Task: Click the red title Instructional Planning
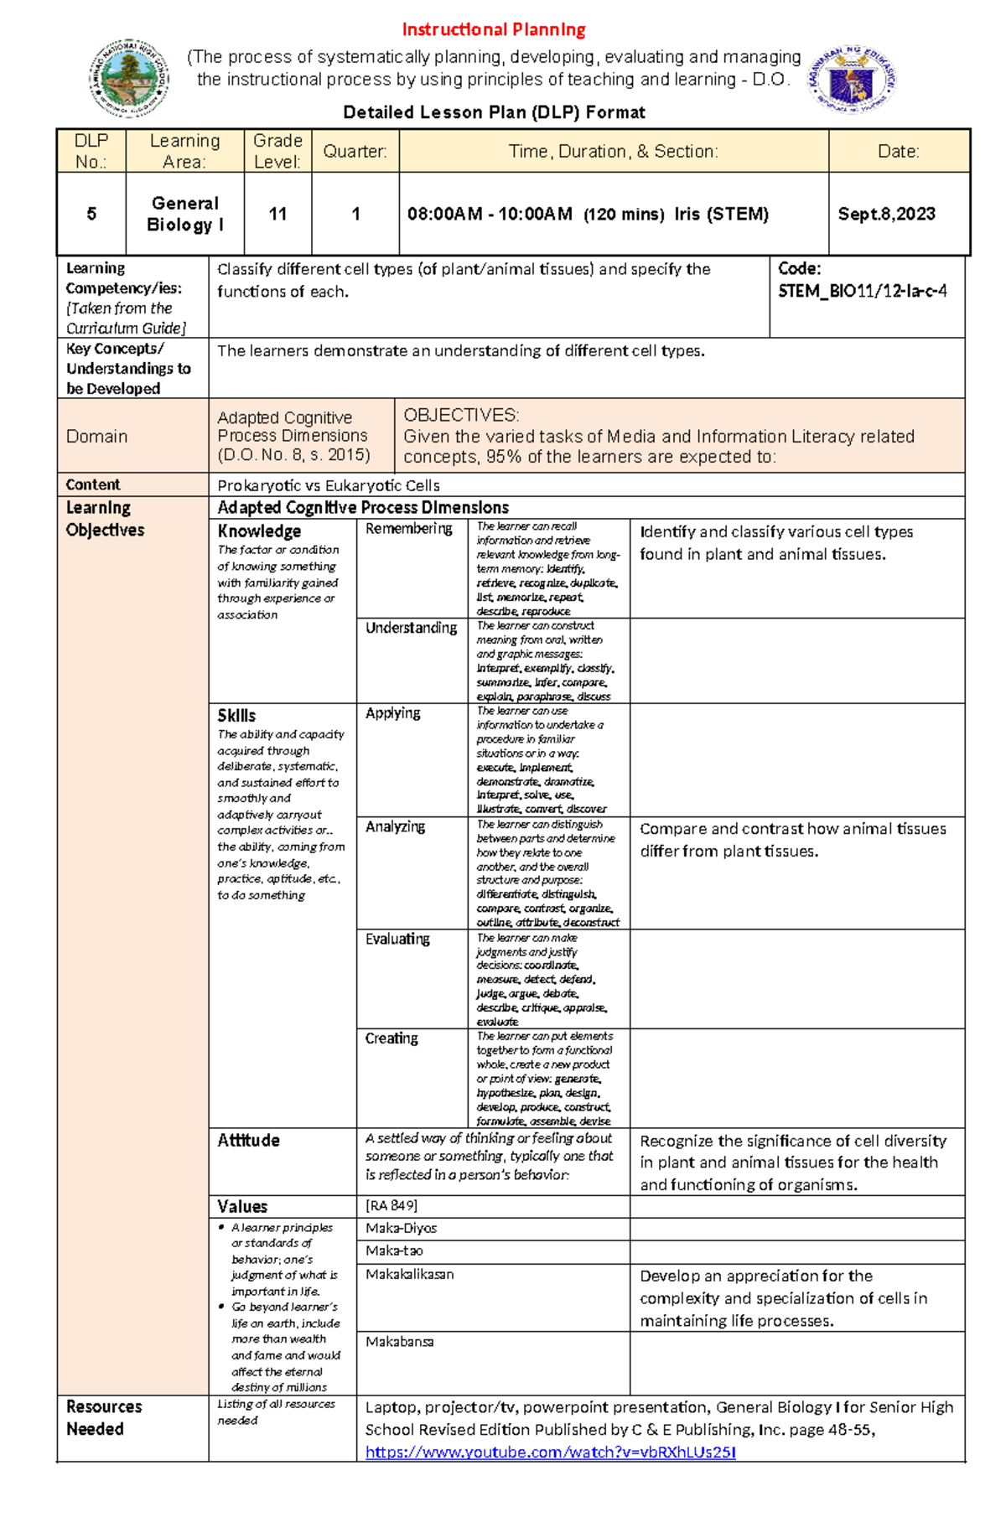[493, 30]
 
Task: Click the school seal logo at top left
[129, 78]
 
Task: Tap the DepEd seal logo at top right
[852, 80]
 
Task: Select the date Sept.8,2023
[886, 215]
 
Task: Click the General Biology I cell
[184, 215]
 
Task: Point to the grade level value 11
[277, 215]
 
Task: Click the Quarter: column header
[355, 152]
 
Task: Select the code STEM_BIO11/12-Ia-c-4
[862, 292]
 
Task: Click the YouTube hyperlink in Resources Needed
[550, 1453]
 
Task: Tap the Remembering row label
[408, 529]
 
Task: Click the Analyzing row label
[395, 827]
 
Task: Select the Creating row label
[391, 1038]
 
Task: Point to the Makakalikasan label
[409, 1275]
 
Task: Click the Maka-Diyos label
[401, 1229]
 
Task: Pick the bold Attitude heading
[248, 1141]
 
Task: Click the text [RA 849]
[391, 1206]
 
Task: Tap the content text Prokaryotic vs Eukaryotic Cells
[328, 485]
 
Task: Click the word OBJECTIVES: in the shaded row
[461, 416]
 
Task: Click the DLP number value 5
[91, 215]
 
